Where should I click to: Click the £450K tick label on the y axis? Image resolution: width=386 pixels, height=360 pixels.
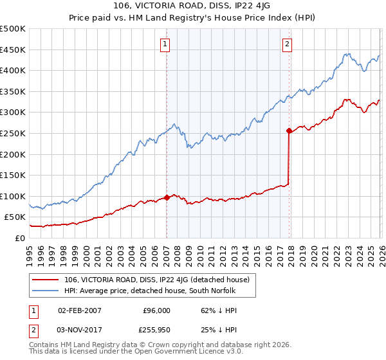tap(13, 50)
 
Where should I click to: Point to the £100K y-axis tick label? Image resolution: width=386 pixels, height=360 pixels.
tap(13, 196)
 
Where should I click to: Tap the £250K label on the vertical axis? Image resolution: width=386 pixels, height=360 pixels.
tap(13, 133)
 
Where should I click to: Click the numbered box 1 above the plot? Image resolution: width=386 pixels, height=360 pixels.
tap(165, 44)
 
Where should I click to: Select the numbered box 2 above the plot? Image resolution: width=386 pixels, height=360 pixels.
tap(287, 44)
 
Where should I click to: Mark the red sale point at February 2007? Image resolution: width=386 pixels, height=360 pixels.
tap(167, 197)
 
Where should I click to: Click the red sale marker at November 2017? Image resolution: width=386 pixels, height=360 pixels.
tap(289, 130)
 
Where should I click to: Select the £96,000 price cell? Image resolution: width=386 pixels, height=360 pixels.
tap(156, 310)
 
